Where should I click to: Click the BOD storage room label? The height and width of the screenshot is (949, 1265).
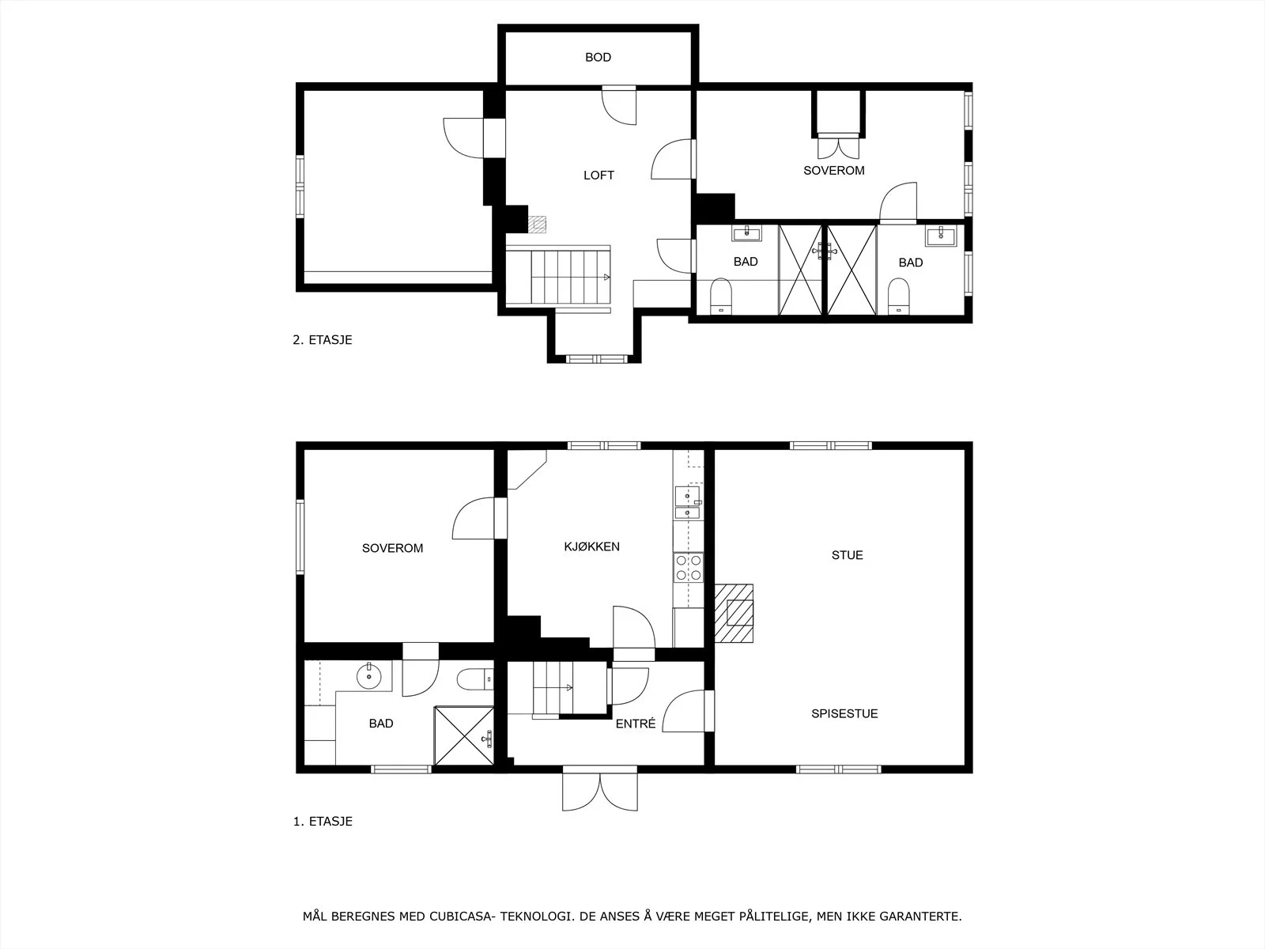click(x=598, y=57)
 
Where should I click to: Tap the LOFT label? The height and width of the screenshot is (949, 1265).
click(x=599, y=175)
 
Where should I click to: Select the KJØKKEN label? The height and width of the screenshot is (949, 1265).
click(x=592, y=546)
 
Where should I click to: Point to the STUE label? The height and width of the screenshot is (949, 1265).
click(x=848, y=555)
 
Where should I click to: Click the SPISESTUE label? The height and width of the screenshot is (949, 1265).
click(x=845, y=713)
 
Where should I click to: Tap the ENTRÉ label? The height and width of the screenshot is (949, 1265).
click(x=636, y=724)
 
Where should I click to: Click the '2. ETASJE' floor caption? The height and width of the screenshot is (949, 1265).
click(x=322, y=340)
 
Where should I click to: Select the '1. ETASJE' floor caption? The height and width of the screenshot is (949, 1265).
click(x=323, y=821)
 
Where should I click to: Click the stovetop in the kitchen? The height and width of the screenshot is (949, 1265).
click(x=689, y=567)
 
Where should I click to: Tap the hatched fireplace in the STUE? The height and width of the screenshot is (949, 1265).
click(x=734, y=613)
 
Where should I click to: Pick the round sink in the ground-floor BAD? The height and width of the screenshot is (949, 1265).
click(x=369, y=675)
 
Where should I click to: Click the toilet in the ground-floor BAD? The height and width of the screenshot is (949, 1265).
click(x=475, y=679)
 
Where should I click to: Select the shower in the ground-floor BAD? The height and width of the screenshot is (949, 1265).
click(x=464, y=735)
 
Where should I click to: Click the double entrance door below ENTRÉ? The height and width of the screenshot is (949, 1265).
click(x=600, y=788)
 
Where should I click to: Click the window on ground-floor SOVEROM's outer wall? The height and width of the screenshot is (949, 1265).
click(x=300, y=536)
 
